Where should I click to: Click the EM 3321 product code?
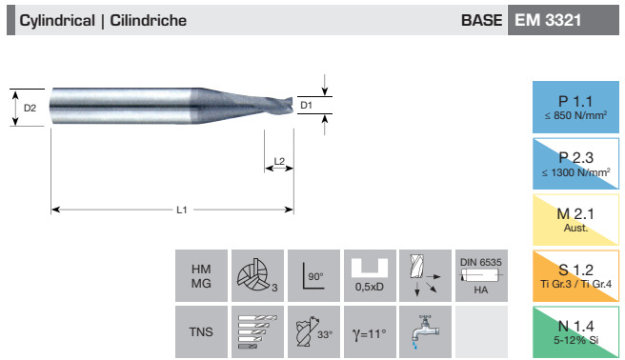coord(548,20)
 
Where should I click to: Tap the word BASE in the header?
coord(481,20)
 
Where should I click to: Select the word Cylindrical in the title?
coord(57,21)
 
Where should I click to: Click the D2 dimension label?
coord(30,108)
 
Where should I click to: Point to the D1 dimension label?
coord(306,105)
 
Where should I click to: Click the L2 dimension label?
coord(279,161)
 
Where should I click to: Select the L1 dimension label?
coord(182,210)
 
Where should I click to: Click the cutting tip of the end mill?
coord(292,105)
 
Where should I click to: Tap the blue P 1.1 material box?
coord(575,107)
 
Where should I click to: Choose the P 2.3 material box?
coord(575,164)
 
